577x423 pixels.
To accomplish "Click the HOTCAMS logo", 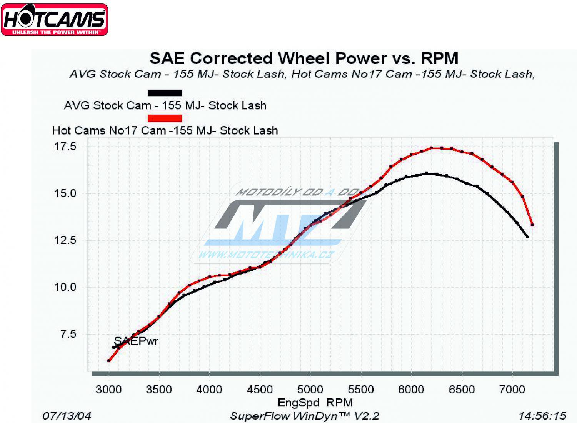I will pos(54,19).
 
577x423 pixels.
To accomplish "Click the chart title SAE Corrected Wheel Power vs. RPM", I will pos(304,58).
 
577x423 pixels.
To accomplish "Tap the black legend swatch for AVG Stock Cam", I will pos(165,93).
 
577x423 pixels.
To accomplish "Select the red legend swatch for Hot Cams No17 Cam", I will pos(165,118).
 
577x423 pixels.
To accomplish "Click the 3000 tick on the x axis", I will pos(108,390).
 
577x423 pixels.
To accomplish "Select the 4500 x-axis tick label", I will pos(260,390).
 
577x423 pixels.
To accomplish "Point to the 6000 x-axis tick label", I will pos(411,390).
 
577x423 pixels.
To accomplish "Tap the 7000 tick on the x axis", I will pos(512,390).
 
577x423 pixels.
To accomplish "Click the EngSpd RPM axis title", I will pos(315,403).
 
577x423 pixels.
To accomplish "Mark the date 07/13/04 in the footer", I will pos(67,416).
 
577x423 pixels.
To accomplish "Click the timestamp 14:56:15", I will pos(542,416).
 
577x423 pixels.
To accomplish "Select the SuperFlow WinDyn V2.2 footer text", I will pos(304,416).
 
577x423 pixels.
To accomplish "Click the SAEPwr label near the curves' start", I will pos(136,341).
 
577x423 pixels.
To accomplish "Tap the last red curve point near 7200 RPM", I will pos(532,225).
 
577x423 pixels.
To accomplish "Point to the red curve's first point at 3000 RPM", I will pos(109,361).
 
